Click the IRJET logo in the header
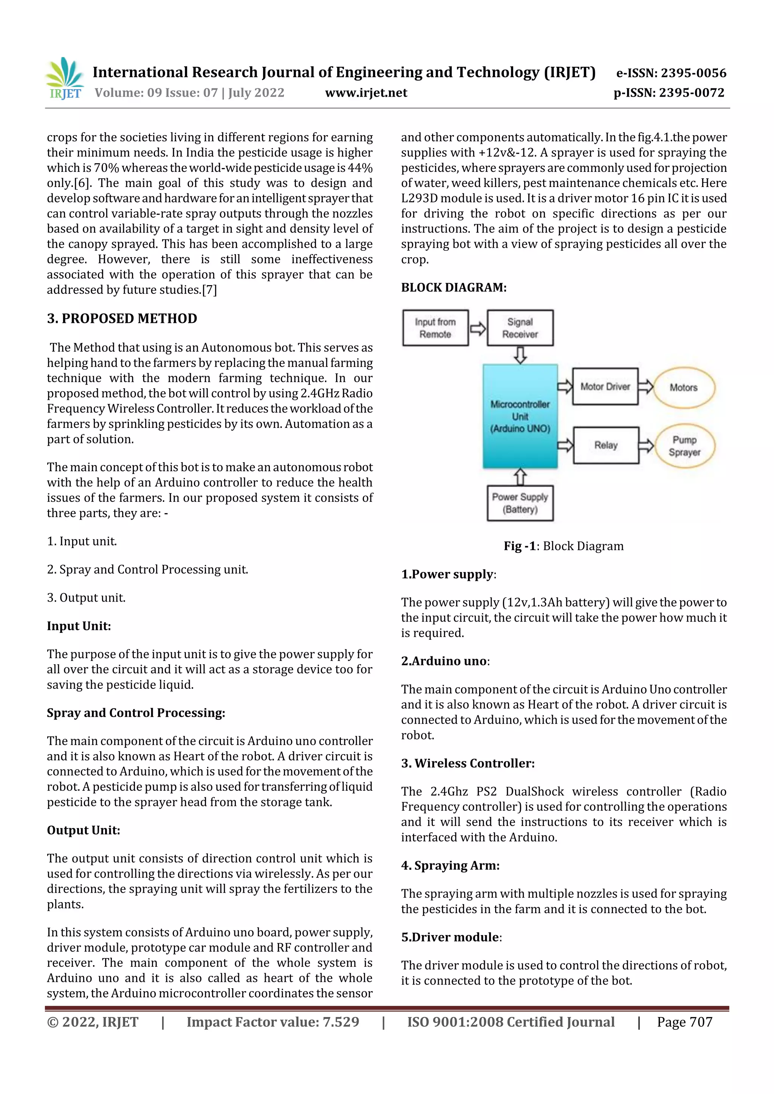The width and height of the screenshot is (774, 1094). (x=65, y=79)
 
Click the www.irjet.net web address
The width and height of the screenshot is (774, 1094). (x=366, y=93)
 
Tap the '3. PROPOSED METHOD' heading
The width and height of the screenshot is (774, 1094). (x=122, y=318)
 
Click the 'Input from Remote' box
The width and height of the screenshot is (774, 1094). (x=435, y=328)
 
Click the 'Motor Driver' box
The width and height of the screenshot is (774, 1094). (x=605, y=386)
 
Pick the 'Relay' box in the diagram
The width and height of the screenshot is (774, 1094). (x=606, y=445)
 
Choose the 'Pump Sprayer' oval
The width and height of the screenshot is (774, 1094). (x=684, y=446)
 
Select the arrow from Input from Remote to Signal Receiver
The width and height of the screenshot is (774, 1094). (x=477, y=328)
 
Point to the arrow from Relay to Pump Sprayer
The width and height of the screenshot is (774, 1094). (x=646, y=446)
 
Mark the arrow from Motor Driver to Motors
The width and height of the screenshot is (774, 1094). (x=645, y=386)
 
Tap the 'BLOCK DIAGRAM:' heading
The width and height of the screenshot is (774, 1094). (x=454, y=287)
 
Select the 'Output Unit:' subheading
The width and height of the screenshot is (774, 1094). (x=84, y=830)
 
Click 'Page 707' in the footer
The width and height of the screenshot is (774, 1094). (x=684, y=1021)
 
